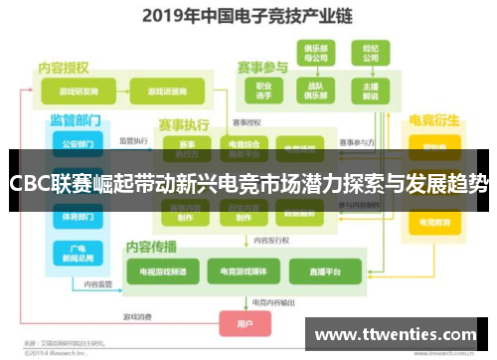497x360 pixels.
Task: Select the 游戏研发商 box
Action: (x=81, y=90)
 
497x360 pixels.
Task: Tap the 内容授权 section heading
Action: (x=65, y=67)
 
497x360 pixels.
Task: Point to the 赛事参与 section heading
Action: (x=262, y=68)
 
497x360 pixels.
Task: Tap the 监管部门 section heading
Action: (x=76, y=119)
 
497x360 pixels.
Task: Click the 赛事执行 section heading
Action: (x=183, y=125)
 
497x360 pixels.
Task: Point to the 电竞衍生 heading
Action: (x=434, y=120)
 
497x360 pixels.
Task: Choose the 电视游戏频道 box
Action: (x=162, y=270)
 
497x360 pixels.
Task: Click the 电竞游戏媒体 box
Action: (x=241, y=270)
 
